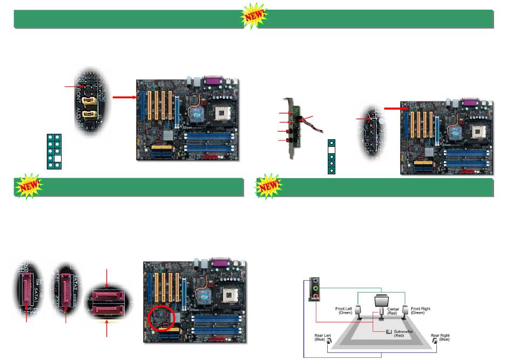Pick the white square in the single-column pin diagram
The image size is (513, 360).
pyautogui.click(x=332, y=151)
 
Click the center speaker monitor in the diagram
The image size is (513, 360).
pyautogui.click(x=382, y=300)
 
